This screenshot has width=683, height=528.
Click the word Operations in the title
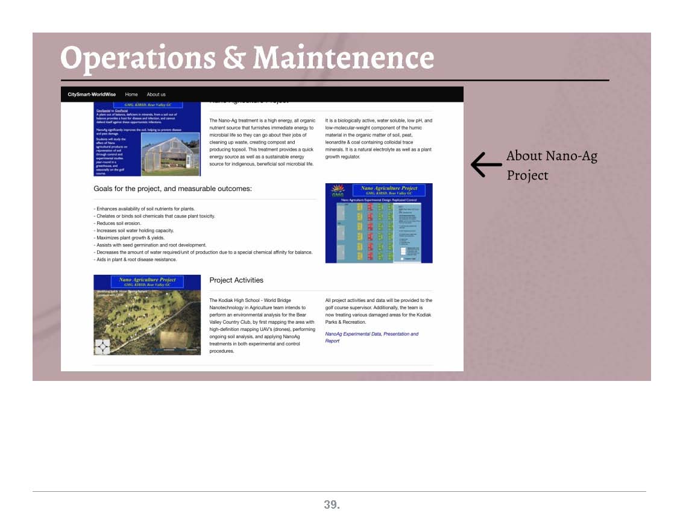(137, 58)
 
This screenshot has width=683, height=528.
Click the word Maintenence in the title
(343, 58)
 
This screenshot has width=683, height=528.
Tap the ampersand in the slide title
(234, 58)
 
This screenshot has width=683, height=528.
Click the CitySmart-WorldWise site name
(92, 95)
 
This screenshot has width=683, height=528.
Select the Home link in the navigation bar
(131, 95)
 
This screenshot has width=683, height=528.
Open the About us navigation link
(156, 95)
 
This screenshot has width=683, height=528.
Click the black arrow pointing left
(486, 165)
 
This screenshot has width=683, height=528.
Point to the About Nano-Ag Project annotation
(551, 165)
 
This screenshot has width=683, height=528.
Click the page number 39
(332, 505)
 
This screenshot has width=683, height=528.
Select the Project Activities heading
(236, 280)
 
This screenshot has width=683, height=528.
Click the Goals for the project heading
(172, 189)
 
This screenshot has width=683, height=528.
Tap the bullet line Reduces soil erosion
(118, 223)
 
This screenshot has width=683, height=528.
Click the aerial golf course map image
(147, 315)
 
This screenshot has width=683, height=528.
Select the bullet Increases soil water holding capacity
(134, 230)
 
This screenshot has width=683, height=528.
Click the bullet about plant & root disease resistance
(136, 259)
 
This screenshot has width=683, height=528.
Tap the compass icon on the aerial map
(102, 347)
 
